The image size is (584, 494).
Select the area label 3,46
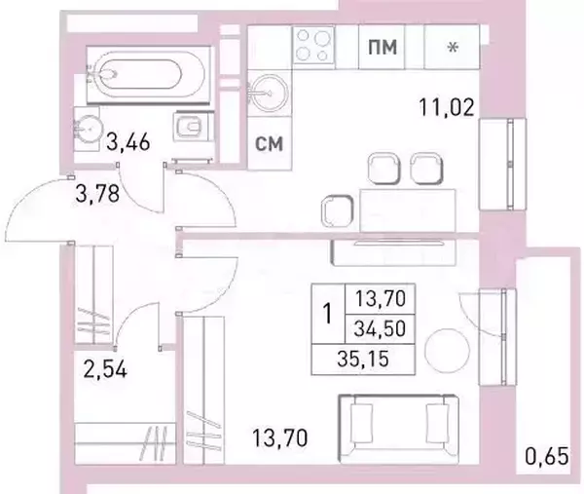click(128, 142)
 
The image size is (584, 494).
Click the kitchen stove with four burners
click(313, 45)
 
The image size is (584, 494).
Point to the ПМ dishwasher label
click(383, 47)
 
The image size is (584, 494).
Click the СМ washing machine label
click(269, 143)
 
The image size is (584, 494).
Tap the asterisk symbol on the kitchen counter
click(453, 48)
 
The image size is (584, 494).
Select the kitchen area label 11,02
click(447, 107)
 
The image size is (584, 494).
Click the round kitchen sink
click(268, 94)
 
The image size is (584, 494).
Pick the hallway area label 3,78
click(97, 194)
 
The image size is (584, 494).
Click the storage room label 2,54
click(105, 369)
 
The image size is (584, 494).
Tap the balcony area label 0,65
click(547, 456)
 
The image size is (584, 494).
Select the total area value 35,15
click(363, 359)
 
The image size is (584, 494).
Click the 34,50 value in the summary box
click(380, 328)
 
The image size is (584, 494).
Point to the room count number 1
click(328, 313)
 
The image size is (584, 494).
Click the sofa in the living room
click(399, 429)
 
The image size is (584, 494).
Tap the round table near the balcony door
click(448, 351)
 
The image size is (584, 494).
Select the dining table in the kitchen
click(408, 210)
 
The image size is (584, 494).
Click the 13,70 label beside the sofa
click(280, 437)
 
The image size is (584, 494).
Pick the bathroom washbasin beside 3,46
click(88, 129)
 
